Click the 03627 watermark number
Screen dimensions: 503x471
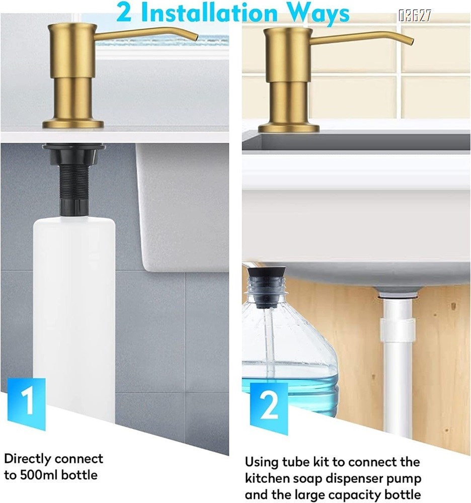415,16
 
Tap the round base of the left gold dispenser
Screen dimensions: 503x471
73,123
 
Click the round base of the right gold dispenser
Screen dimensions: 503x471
288,128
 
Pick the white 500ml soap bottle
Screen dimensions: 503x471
74,312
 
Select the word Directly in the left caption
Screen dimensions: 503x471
28,459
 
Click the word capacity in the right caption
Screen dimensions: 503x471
357,494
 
